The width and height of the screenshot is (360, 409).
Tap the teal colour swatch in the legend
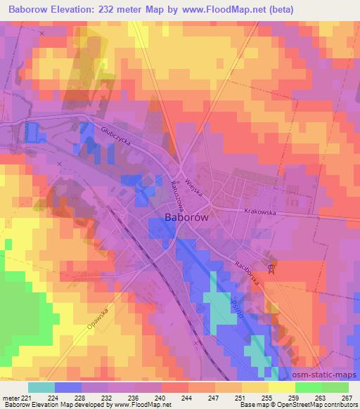coord(41,387)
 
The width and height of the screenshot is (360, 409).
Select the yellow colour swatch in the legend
coord(281,387)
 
